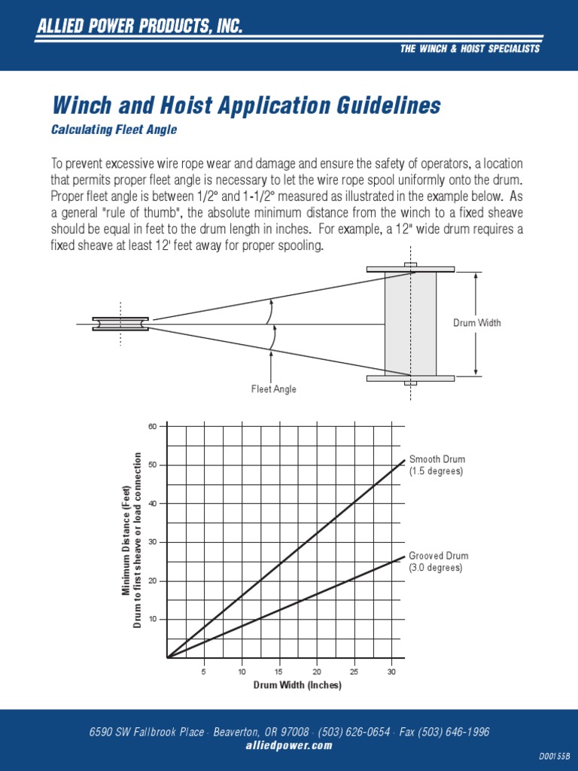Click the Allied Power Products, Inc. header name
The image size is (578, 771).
[140, 28]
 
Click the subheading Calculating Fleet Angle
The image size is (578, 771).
[114, 130]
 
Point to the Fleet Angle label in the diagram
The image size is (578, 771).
[273, 389]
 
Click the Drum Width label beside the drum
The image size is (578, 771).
[476, 323]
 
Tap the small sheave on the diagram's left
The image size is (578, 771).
[120, 324]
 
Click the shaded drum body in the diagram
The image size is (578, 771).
[410, 324]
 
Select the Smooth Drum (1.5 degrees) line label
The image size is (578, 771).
[437, 465]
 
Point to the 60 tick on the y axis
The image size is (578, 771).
[153, 426]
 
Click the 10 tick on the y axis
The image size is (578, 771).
[153, 619]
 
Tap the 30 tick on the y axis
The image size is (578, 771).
[153, 542]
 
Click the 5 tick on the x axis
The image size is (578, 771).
[204, 672]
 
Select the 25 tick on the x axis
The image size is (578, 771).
[354, 672]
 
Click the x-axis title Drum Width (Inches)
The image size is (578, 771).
[297, 685]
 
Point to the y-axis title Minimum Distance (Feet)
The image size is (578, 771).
[126, 541]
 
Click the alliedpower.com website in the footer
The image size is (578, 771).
[289, 745]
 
